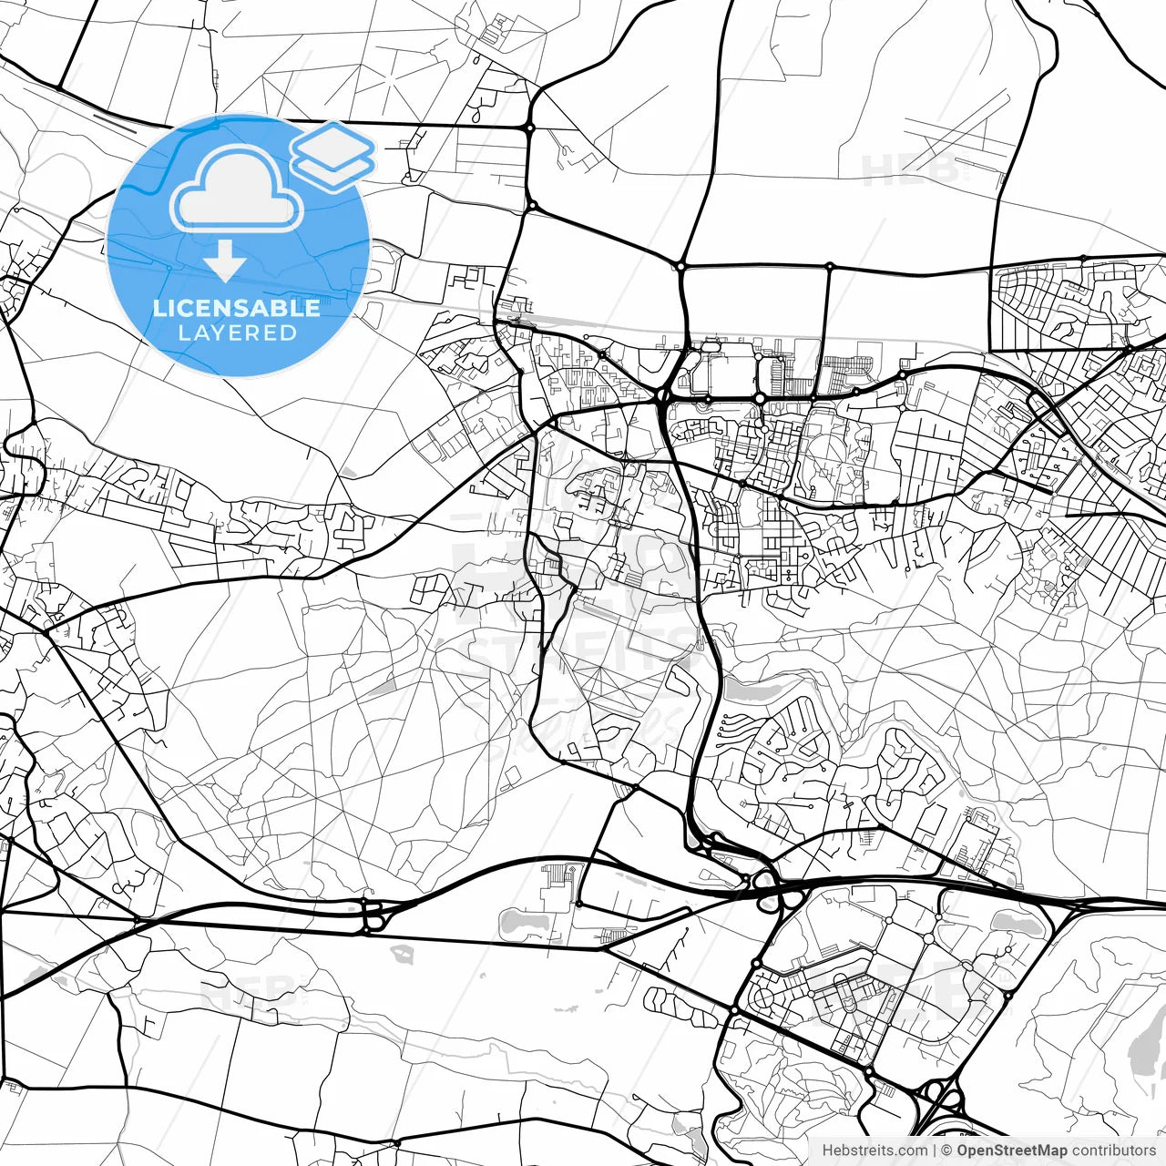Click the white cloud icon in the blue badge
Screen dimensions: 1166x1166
237,189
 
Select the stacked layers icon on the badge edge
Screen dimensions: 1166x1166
333,156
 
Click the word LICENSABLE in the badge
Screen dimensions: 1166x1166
237,308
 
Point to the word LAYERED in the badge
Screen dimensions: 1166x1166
237,333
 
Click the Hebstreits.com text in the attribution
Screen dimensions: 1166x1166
874,1151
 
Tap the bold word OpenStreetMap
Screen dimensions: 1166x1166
1011,1151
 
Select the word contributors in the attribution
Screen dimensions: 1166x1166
1113,1151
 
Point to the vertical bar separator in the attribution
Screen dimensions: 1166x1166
935,1151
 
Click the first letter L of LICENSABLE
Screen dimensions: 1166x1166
159,308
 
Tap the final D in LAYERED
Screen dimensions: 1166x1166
289,333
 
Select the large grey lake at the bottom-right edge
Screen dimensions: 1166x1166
1145,1048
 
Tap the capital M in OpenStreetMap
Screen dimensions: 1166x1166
1046,1151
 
